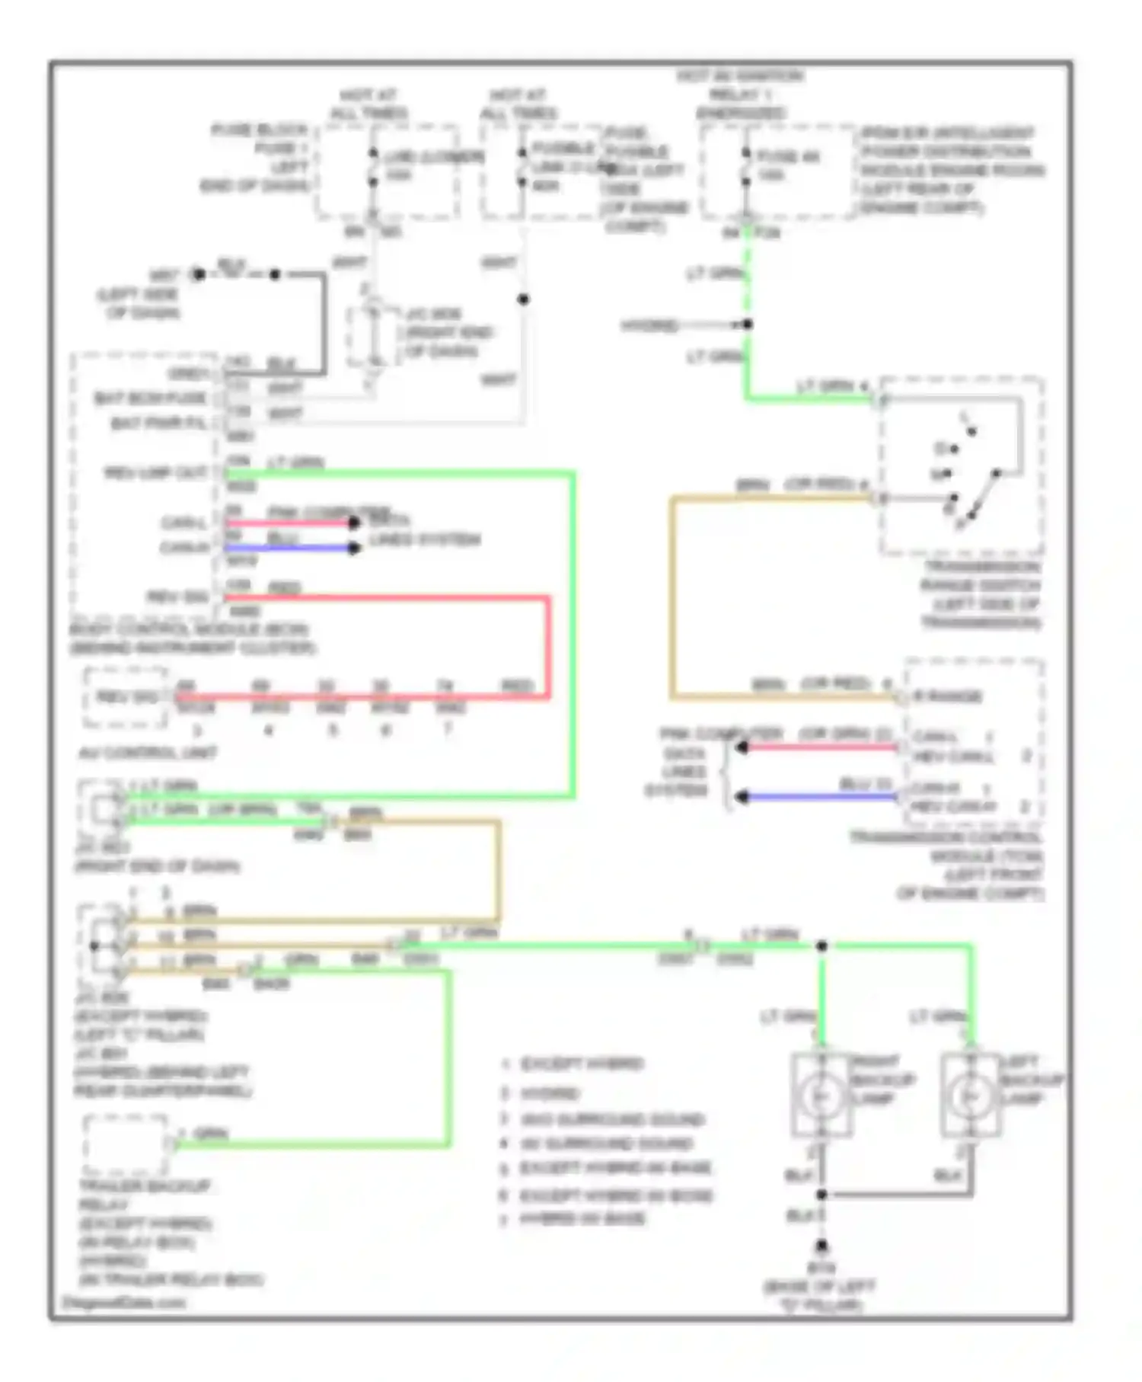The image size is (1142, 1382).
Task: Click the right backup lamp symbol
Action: (821, 1096)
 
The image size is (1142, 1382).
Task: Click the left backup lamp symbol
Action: (970, 1096)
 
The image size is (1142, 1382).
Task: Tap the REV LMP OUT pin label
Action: (156, 472)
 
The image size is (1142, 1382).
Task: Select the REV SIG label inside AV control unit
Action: (126, 696)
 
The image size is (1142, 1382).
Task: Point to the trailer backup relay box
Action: (126, 1145)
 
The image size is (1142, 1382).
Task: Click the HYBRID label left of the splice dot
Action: (649, 326)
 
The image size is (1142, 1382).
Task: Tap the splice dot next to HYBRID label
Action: (748, 325)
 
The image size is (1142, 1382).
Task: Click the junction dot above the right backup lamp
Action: (821, 945)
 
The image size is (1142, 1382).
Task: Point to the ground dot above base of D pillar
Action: (821, 1246)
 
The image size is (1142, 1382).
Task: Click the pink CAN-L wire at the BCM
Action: (289, 523)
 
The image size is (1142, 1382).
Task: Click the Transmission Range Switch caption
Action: (981, 595)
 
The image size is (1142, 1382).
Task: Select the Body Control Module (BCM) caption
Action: (190, 638)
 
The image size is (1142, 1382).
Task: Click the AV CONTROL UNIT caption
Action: (148, 753)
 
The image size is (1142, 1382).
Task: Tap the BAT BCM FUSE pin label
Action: (150, 398)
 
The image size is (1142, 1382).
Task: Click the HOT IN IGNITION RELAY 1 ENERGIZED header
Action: (740, 94)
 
